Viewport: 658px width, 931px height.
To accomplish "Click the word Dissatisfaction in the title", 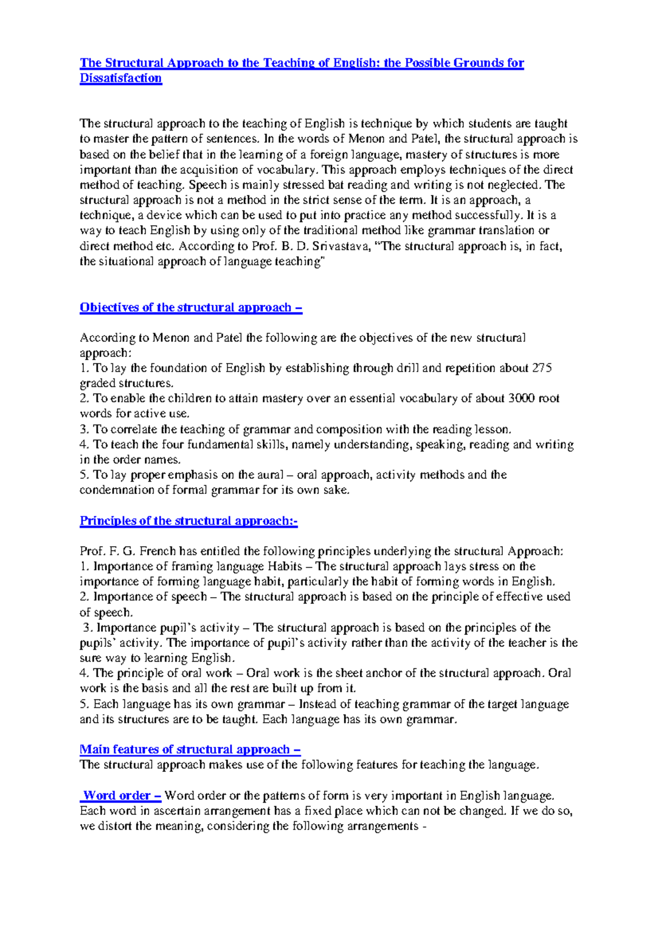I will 121,78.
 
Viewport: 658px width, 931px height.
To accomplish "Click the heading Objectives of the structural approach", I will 190,308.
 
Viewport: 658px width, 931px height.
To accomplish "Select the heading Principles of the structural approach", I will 188,521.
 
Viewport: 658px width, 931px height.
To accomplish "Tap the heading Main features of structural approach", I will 190,750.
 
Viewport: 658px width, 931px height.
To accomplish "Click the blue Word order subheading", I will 121,796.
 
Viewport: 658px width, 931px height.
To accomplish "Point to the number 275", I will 542,368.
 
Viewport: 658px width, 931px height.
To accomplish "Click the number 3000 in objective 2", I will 521,399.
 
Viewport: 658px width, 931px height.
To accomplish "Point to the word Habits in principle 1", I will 285,566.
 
